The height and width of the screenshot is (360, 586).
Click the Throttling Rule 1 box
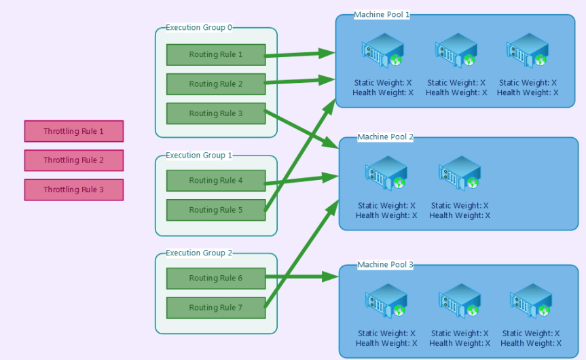click(73, 131)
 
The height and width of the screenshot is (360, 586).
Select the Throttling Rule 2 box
click(73, 160)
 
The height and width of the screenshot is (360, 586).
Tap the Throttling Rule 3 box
click(73, 190)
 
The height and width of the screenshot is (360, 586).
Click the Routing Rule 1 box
click(215, 55)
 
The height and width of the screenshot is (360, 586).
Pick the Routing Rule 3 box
click(215, 113)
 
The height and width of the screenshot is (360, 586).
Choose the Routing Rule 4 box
click(215, 181)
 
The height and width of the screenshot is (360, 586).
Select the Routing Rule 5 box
click(215, 210)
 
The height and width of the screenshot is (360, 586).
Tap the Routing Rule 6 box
click(215, 278)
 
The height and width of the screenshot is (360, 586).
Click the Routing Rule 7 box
click(215, 308)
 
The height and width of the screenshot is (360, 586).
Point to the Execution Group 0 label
click(199, 28)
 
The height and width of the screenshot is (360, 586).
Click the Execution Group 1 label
click(199, 156)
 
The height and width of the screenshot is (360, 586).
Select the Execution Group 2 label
click(199, 253)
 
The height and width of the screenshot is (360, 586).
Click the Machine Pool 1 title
click(382, 15)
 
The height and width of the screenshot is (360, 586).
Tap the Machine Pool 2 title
click(385, 137)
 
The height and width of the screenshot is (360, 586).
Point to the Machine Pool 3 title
click(385, 265)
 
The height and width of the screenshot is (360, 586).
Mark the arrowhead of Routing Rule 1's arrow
click(329, 52)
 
